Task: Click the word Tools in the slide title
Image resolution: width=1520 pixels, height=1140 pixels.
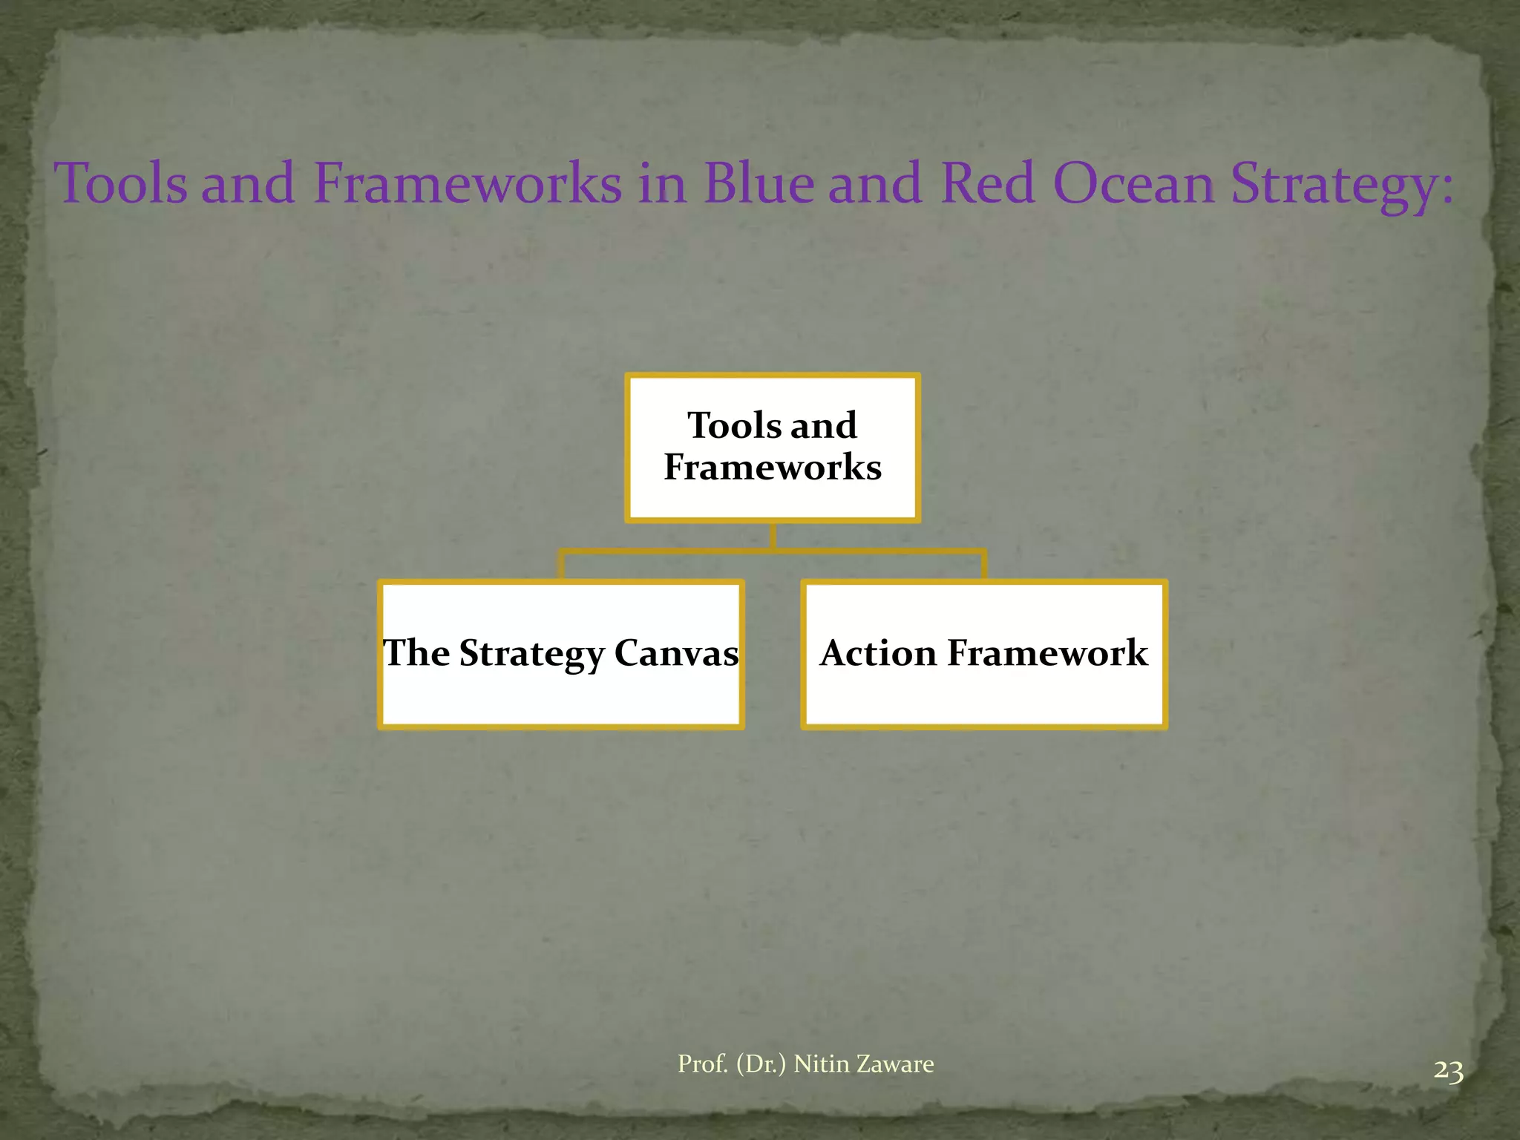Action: tap(121, 183)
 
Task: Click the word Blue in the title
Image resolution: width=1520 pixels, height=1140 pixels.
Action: tap(758, 183)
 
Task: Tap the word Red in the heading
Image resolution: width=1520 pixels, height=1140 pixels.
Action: tap(987, 183)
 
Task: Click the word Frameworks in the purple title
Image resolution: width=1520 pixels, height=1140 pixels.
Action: tap(468, 183)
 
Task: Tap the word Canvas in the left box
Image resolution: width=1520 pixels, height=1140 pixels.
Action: tap(676, 653)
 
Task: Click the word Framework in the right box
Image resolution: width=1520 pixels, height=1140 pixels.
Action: tap(1047, 653)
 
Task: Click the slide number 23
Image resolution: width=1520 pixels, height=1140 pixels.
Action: tap(1448, 1072)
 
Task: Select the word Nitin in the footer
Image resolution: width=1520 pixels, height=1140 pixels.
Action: tap(821, 1064)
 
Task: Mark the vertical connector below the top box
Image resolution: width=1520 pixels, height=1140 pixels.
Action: tap(773, 536)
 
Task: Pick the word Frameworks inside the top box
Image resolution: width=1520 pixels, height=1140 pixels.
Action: tap(773, 468)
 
